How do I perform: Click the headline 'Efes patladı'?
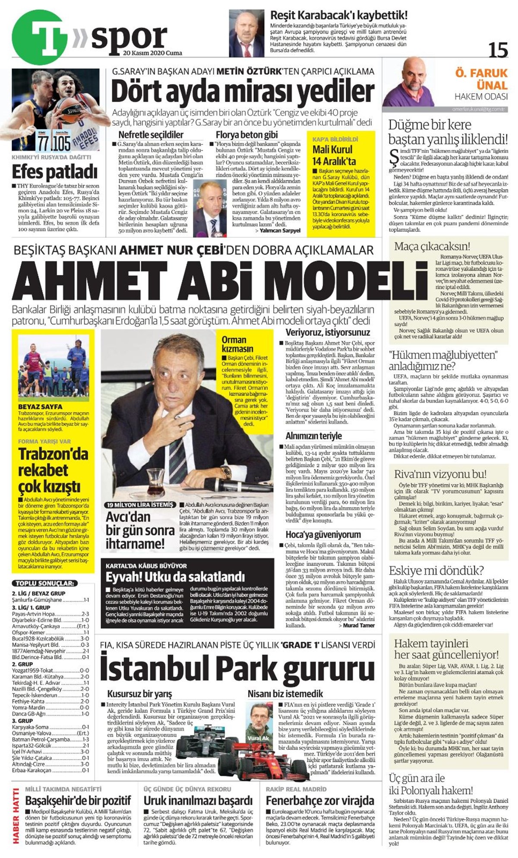54,172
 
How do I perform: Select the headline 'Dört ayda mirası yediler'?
243,91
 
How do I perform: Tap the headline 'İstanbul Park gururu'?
237,667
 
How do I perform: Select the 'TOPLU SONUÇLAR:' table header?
45,583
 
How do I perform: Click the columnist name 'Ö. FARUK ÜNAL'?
481,78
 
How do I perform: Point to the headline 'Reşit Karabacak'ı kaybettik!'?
338,16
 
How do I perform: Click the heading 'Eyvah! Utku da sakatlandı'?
176,577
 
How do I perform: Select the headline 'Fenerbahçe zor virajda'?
320,801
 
